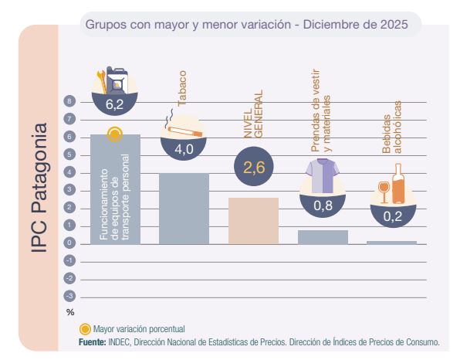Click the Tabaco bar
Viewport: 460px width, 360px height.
[184, 208]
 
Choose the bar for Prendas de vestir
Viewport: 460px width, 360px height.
[323, 236]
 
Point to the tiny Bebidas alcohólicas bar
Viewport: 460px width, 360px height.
[392, 242]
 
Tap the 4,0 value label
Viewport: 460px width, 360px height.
[184, 150]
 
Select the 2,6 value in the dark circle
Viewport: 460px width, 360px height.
[253, 168]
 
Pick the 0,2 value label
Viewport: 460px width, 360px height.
[392, 217]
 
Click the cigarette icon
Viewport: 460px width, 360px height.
[182, 126]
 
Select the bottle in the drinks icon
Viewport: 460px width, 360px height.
[398, 184]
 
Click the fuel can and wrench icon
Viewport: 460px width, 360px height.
[112, 78]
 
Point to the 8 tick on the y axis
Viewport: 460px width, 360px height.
[69, 101]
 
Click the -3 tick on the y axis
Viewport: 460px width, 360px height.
[69, 296]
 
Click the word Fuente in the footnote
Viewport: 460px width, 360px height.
[93, 341]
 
